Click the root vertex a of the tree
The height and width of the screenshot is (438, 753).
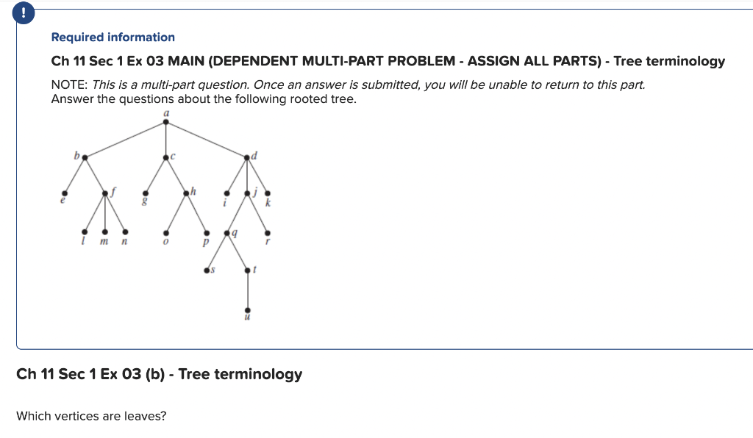pos(165,122)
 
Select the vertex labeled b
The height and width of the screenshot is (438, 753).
pos(85,157)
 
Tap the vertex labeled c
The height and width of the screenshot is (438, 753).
pos(165,157)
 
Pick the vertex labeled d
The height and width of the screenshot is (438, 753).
pos(247,157)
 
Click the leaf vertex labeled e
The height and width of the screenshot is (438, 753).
pos(63,193)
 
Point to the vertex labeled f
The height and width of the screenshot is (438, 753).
pos(105,193)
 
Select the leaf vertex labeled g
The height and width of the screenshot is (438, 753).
pos(145,193)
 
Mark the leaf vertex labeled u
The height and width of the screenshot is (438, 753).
pos(247,309)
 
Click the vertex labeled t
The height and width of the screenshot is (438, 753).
pos(247,271)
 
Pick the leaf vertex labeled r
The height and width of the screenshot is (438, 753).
pos(267,232)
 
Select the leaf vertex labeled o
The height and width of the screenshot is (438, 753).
pos(165,232)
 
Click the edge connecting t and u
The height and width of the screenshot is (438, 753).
pos(247,290)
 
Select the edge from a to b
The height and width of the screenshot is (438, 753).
pos(125,140)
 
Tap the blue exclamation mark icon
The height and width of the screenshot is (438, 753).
pos(24,13)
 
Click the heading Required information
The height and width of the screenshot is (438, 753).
pos(113,37)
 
